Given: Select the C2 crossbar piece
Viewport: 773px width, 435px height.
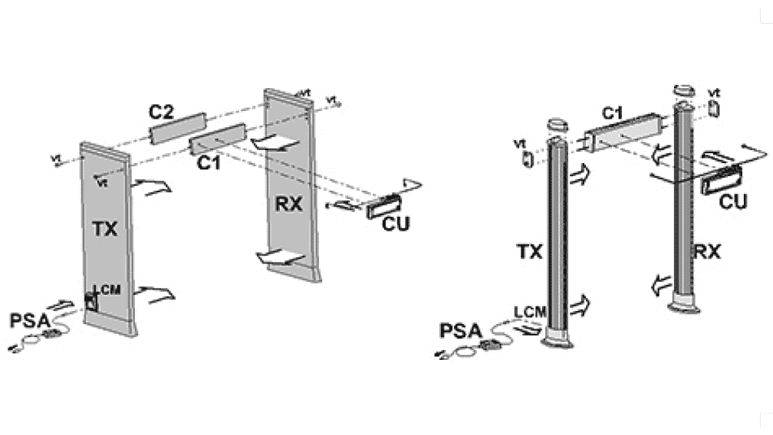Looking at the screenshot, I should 178,127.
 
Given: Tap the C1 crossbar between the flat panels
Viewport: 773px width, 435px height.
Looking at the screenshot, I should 218,139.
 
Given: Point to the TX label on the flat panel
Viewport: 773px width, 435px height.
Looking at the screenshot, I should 106,227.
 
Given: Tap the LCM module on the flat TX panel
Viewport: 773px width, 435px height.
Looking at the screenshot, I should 91,301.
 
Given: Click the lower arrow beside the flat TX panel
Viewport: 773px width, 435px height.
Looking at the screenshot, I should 159,293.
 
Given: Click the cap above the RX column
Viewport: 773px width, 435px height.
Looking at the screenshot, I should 682,91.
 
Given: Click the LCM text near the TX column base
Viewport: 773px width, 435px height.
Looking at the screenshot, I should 531,312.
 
